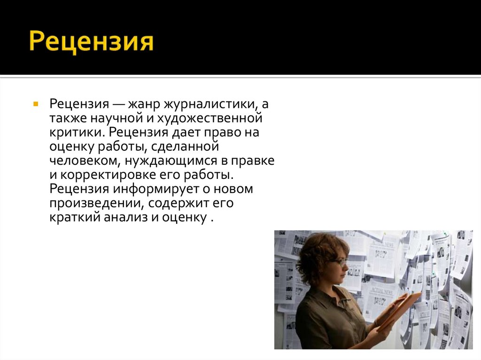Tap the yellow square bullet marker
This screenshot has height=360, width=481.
(36, 103)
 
